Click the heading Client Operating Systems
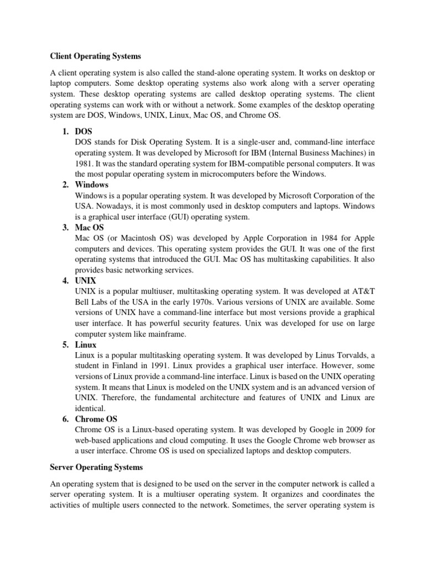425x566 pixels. (x=96, y=56)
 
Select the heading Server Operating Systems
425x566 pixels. (x=96, y=468)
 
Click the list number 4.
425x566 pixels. (x=65, y=281)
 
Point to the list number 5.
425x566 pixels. (x=65, y=345)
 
